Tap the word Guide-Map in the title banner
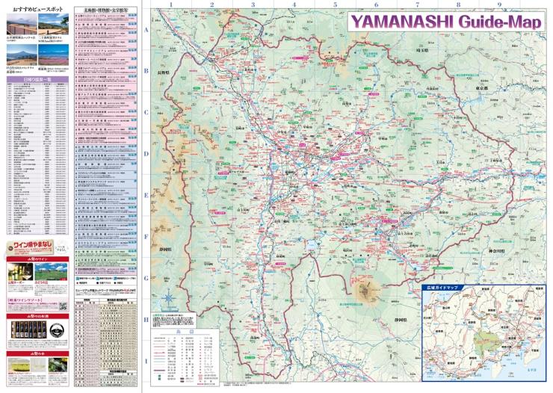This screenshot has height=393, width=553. point(498,22)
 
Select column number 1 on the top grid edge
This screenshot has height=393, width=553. point(171,4)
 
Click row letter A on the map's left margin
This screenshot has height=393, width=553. point(146,31)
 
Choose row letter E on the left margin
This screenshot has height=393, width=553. point(146,194)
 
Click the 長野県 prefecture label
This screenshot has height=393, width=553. point(162,73)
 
